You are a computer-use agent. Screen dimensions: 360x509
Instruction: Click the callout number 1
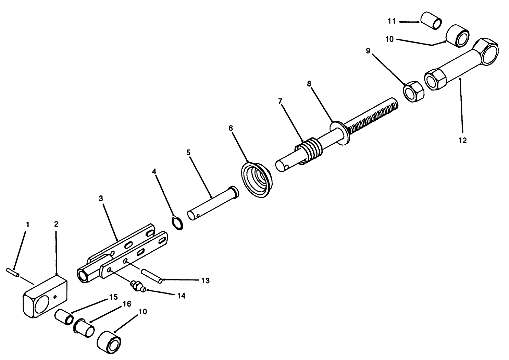[28, 225]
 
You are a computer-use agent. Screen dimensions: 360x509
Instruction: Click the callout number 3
[100, 198]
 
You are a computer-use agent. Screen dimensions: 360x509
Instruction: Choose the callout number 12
[462, 141]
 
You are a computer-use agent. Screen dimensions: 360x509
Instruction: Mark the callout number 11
[392, 21]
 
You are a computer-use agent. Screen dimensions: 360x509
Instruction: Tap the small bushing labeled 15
[64, 316]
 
